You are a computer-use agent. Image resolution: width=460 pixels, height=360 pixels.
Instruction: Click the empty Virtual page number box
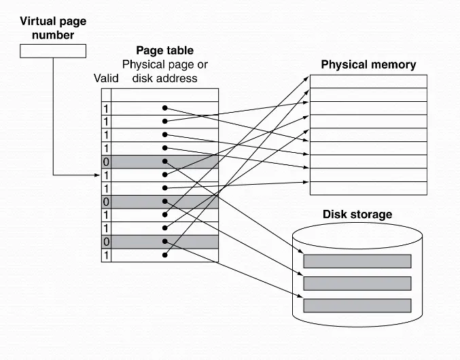pyautogui.click(x=53, y=51)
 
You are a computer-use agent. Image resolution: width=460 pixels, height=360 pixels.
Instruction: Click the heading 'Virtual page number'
pyautogui.click(x=53, y=28)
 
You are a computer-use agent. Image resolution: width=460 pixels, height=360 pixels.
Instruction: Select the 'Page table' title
pyautogui.click(x=165, y=50)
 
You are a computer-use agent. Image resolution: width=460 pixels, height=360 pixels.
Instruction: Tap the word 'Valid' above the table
pyautogui.click(x=106, y=78)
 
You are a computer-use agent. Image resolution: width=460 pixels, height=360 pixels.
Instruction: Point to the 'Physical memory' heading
pyautogui.click(x=368, y=65)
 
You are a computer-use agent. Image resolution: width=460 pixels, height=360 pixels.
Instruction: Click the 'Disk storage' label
pyautogui.click(x=357, y=215)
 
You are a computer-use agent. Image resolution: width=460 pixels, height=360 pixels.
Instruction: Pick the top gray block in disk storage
pyautogui.click(x=357, y=262)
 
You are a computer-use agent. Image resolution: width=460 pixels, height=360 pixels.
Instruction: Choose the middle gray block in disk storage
pyautogui.click(x=357, y=283)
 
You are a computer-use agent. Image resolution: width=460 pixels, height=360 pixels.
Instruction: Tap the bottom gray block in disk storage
pyautogui.click(x=357, y=305)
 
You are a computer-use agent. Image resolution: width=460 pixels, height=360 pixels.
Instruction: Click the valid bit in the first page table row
pyautogui.click(x=106, y=109)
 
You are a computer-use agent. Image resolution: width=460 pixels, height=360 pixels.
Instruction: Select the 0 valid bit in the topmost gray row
pyautogui.click(x=106, y=162)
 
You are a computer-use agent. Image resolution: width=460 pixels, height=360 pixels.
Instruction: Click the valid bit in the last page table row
pyautogui.click(x=106, y=255)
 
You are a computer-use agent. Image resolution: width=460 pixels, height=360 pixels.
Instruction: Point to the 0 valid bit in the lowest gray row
pyautogui.click(x=106, y=242)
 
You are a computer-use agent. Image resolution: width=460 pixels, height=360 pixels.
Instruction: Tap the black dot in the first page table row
pyautogui.click(x=165, y=109)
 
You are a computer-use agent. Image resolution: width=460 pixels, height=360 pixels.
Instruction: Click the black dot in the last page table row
pyautogui.click(x=165, y=255)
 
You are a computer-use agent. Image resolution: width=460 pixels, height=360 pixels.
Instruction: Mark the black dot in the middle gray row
pyautogui.click(x=165, y=202)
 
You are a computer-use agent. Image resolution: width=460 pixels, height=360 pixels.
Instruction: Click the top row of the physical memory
pyautogui.click(x=368, y=81)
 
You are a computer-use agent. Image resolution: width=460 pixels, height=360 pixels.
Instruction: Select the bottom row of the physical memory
pyautogui.click(x=368, y=188)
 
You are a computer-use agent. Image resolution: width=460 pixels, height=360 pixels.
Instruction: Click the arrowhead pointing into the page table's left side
pyautogui.click(x=98, y=175)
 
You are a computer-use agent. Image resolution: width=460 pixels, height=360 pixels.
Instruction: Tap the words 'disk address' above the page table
pyautogui.click(x=165, y=78)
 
